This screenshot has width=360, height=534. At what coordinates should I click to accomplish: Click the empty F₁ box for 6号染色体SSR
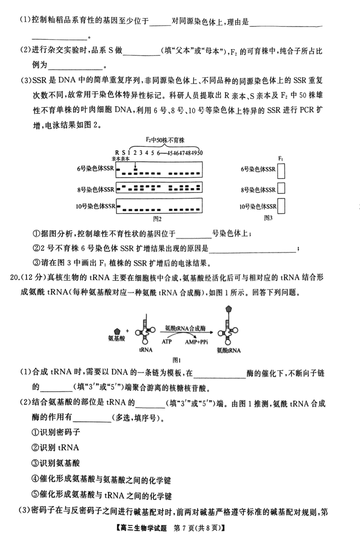pos(282,171)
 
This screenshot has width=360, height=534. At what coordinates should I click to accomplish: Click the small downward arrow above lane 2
pos(135,163)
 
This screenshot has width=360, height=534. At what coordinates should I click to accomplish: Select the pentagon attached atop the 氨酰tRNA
pos(230,310)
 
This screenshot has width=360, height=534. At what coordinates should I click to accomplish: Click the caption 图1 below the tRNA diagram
pos(177,360)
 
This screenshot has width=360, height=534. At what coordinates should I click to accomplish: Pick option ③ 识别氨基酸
pos(54,463)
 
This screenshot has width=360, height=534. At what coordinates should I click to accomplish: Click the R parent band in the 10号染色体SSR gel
pos(119,206)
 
